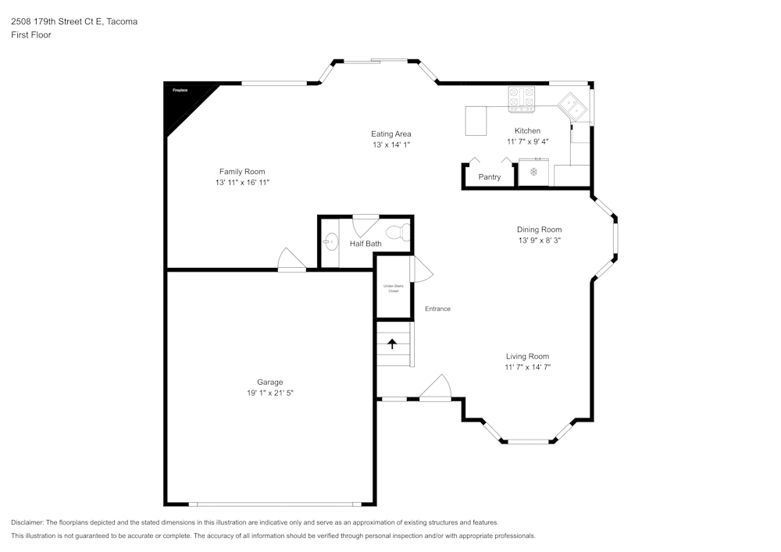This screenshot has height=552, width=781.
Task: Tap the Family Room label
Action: (x=242, y=172)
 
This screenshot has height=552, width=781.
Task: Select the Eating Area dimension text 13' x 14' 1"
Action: (x=391, y=145)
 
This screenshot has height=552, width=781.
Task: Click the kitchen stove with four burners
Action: (x=521, y=98)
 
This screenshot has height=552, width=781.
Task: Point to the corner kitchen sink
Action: (x=573, y=107)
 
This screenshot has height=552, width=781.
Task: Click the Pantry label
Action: (x=490, y=177)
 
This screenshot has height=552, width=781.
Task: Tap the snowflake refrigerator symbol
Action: (x=534, y=171)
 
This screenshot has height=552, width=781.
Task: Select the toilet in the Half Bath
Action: (x=398, y=233)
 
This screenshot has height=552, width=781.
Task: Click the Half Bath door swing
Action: (x=365, y=227)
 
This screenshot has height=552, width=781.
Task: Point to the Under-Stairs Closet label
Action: (x=394, y=288)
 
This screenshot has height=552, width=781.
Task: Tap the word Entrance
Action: (x=437, y=309)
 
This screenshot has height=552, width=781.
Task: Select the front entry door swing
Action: (x=437, y=388)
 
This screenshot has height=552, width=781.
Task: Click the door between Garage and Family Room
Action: (x=291, y=260)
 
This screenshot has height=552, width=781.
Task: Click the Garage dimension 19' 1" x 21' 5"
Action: (x=270, y=394)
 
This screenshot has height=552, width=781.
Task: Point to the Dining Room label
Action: (x=539, y=230)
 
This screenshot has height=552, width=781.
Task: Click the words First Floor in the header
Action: (x=31, y=35)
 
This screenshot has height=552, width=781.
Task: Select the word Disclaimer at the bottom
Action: (x=28, y=522)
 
